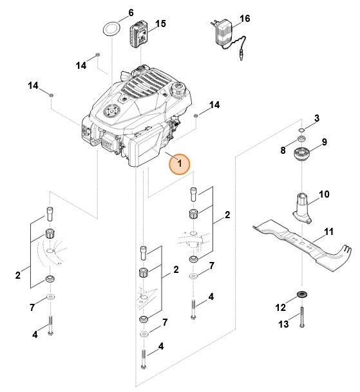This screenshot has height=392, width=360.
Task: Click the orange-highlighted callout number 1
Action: (180, 164)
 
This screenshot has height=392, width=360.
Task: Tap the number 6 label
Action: (131, 12)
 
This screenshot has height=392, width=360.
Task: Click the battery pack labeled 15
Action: (139, 33)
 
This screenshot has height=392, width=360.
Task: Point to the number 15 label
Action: (161, 24)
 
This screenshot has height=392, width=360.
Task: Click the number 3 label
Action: (316, 118)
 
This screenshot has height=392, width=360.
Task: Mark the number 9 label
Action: (324, 142)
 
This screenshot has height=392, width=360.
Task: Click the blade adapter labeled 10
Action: (302, 208)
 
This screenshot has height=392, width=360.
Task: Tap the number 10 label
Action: (324, 194)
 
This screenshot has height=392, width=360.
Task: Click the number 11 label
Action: (328, 232)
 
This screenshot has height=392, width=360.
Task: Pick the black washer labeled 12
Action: (301, 295)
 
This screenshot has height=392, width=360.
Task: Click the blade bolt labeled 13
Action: (301, 319)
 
